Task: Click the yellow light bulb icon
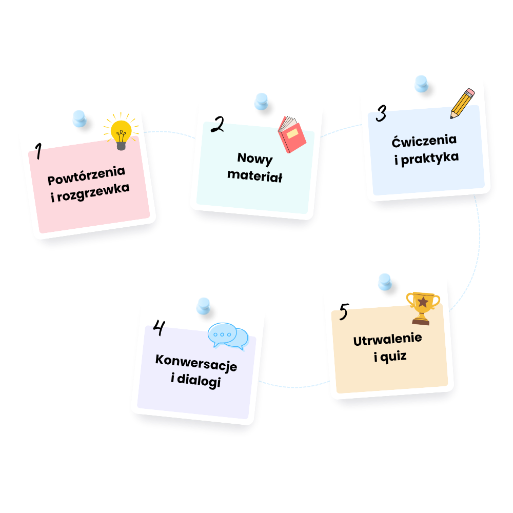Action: (121, 131)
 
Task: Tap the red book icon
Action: (292, 134)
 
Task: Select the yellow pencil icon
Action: (462, 104)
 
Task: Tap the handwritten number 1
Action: (38, 151)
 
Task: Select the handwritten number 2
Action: (218, 124)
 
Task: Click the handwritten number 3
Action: (381, 113)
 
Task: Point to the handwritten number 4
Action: (160, 327)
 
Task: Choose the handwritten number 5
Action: (344, 311)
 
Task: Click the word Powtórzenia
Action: (86, 175)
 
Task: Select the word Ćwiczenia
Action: (424, 141)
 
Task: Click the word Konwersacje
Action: (196, 363)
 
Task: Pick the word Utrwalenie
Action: (388, 339)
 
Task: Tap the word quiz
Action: (393, 357)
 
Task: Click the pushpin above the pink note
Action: (80, 119)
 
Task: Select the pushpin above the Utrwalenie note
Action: (385, 282)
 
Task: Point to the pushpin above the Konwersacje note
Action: (204, 306)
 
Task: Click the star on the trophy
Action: (423, 302)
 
